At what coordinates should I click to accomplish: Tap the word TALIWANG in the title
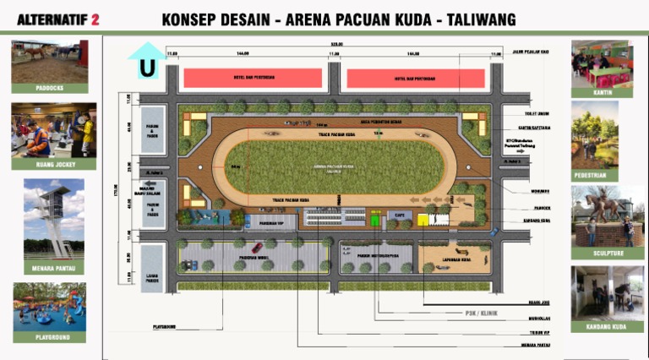pyautogui.click(x=477, y=19)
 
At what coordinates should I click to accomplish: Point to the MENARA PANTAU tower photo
pyautogui.click(x=53, y=218)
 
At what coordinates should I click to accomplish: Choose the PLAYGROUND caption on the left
pyautogui.click(x=49, y=337)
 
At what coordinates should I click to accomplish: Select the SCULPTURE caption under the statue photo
pyautogui.click(x=602, y=253)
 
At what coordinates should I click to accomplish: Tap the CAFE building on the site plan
pyautogui.click(x=397, y=220)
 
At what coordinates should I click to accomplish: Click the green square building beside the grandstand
pyautogui.click(x=375, y=220)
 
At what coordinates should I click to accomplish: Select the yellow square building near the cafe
pyautogui.click(x=423, y=220)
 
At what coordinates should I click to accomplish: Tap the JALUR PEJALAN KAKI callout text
pyautogui.click(x=531, y=52)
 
